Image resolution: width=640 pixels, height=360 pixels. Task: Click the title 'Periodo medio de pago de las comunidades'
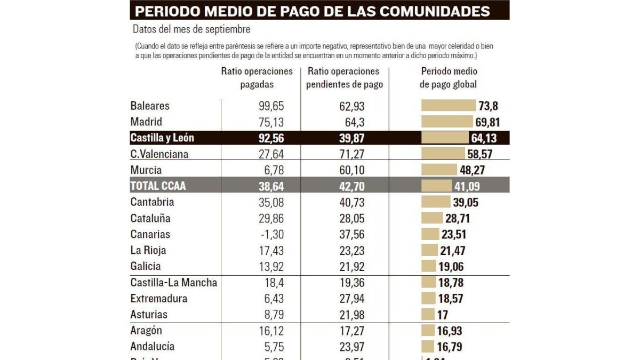[312, 11]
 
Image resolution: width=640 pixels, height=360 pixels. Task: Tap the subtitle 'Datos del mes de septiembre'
[191, 29]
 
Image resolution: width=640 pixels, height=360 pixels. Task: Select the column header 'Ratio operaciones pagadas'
[257, 78]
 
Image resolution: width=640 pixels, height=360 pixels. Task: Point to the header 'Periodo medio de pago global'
[449, 78]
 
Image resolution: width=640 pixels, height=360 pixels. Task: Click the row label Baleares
[150, 106]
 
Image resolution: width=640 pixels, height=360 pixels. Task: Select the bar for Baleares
[448, 106]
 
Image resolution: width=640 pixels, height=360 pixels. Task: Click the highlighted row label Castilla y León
[162, 138]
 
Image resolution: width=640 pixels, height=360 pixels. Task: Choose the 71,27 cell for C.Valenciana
[352, 154]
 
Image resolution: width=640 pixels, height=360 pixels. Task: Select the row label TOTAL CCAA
[158, 186]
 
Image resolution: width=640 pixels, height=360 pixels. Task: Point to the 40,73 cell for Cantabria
[352, 202]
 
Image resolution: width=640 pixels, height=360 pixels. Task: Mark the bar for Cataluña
[432, 218]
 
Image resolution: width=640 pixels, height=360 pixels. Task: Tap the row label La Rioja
[148, 250]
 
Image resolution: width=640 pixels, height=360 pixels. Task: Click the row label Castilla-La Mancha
[174, 282]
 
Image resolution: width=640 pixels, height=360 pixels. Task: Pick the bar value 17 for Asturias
[443, 314]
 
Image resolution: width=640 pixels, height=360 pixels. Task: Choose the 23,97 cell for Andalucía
[352, 346]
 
